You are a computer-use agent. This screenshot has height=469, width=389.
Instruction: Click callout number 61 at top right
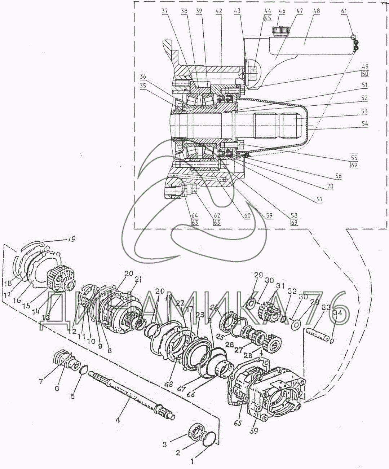tap(344, 11)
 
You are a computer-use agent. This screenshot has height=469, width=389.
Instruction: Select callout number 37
tap(165, 11)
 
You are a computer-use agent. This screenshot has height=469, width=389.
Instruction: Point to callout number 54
tap(365, 124)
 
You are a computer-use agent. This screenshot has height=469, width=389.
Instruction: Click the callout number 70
tap(330, 187)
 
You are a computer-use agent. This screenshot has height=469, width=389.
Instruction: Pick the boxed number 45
tap(268, 18)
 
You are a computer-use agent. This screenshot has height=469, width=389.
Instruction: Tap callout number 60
tap(247, 216)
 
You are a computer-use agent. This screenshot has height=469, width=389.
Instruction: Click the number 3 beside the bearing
tap(165, 444)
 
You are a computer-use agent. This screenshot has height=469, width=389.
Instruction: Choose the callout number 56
tap(338, 176)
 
